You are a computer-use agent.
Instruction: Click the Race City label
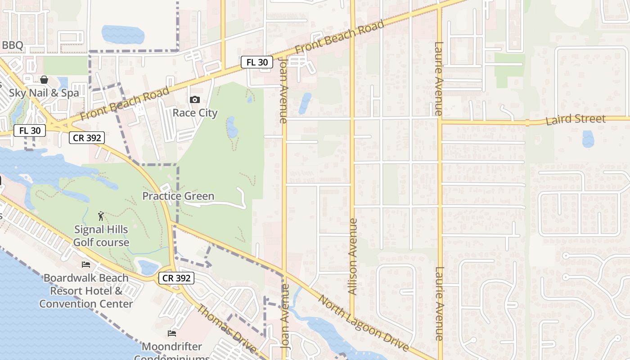pyautogui.click(x=195, y=112)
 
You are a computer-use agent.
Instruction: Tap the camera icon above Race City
pyautogui.click(x=195, y=99)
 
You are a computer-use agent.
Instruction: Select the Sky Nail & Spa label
pyautogui.click(x=44, y=93)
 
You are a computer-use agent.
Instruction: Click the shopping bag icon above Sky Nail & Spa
pyautogui.click(x=45, y=80)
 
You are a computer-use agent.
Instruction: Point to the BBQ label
pyautogui.click(x=12, y=45)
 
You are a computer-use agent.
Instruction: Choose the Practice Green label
pyautogui.click(x=178, y=196)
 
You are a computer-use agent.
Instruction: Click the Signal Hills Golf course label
pyautogui.click(x=101, y=236)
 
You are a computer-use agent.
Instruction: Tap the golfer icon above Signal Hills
pyautogui.click(x=101, y=216)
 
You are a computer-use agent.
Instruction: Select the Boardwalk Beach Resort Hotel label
pyautogui.click(x=86, y=291)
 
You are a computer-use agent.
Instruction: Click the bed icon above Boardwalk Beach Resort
pyautogui.click(x=86, y=264)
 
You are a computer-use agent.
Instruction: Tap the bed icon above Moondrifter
pyautogui.click(x=172, y=333)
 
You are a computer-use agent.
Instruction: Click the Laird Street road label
pyautogui.click(x=576, y=119)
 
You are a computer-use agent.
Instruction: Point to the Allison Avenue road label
pyautogui.click(x=353, y=256)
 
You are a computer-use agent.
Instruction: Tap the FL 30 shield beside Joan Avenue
pyautogui.click(x=257, y=62)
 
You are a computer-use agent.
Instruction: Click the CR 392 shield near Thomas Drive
pyautogui.click(x=176, y=278)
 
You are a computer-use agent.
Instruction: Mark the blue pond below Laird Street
pyautogui.click(x=588, y=139)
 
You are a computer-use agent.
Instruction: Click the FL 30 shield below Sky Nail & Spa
pyautogui.click(x=30, y=131)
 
